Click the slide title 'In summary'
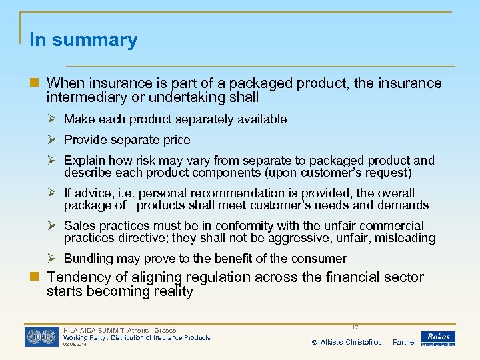coord(83,40)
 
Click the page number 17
coord(355,328)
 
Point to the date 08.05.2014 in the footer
coord(75,345)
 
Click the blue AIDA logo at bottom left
coord(41,337)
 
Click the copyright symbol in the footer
coord(315,343)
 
